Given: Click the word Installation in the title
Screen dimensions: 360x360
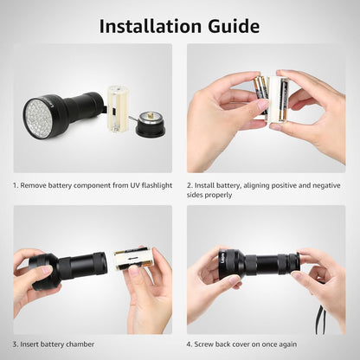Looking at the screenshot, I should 153,25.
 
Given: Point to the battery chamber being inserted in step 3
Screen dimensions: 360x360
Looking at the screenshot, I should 133,258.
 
